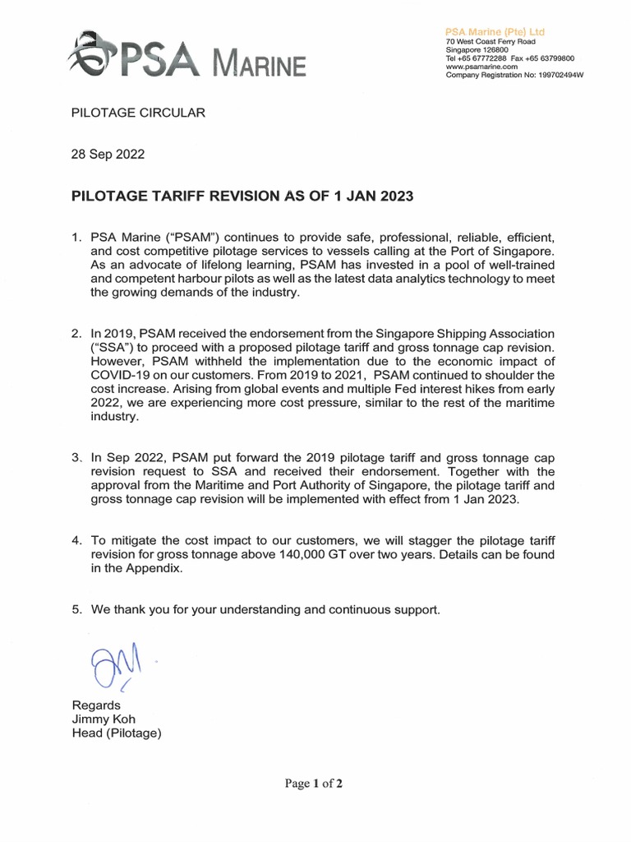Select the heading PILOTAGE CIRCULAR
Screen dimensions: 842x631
tap(138, 113)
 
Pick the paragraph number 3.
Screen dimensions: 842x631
tap(77, 457)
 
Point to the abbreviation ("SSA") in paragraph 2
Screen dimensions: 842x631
tap(112, 347)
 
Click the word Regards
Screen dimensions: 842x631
tap(97, 706)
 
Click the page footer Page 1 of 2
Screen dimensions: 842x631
tap(315, 784)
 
